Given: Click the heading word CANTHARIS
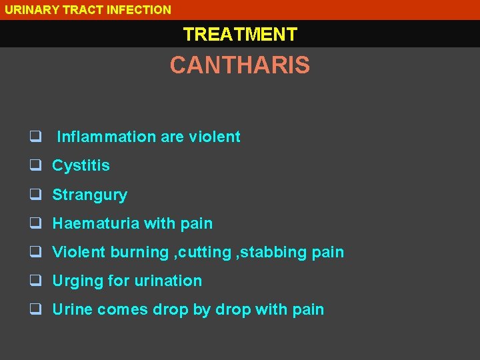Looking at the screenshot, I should point(239,65).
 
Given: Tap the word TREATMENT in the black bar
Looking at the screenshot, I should point(240,34).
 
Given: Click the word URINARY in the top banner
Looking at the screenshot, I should point(30,9).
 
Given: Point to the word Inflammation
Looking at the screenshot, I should point(106,137).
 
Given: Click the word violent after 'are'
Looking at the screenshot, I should point(215,137).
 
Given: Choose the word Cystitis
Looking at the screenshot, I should point(81,165).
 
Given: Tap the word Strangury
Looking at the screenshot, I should point(89,195).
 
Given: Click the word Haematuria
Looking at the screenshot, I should point(96,223).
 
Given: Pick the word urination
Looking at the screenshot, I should point(168,281).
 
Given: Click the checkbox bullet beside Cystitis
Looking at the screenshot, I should point(35,166).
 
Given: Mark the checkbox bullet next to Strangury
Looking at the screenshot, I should point(35,195).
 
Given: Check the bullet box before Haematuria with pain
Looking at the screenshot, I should point(35,224).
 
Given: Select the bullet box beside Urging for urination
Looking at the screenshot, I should point(35,281).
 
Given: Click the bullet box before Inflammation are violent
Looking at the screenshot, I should point(35,137).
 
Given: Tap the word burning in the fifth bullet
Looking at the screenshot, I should point(139,252).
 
